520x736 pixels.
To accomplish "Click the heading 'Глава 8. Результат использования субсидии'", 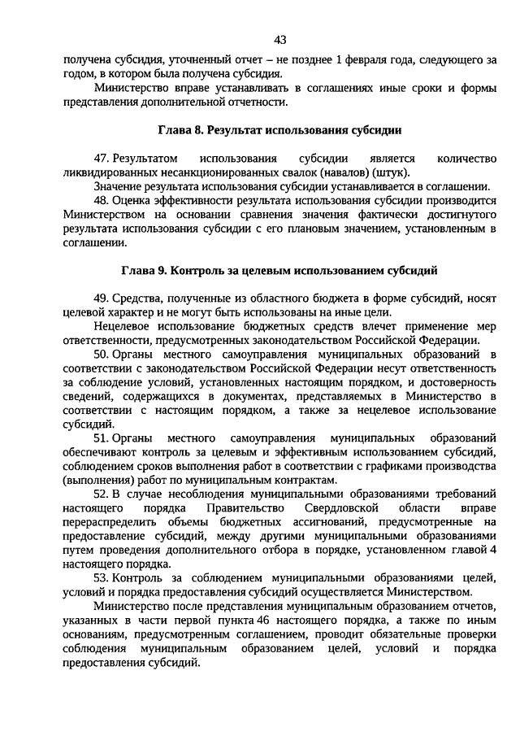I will tap(280, 129).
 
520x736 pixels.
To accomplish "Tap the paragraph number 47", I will tap(101, 158).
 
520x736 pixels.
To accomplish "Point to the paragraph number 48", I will tap(101, 200).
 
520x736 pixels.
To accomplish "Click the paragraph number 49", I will tap(101, 298).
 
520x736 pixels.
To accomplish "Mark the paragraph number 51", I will tap(101, 438).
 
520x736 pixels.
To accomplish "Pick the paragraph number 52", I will tap(101, 494).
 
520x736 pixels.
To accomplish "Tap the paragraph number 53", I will tap(101, 578).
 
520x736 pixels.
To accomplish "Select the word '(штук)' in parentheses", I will tap(392, 172).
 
